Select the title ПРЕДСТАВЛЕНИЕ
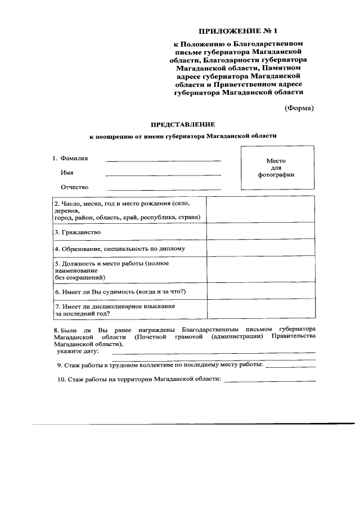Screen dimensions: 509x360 [x=183, y=124]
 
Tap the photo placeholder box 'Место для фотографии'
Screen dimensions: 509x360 [x=276, y=168]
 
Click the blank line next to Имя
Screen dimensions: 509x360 [x=163, y=175]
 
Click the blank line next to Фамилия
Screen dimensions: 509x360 [x=163, y=161]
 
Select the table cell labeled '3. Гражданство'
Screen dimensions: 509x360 [x=129, y=232]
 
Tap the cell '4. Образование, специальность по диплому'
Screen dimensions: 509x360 [x=129, y=248]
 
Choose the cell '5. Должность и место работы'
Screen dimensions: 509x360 [x=129, y=269]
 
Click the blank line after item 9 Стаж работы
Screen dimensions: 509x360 [x=290, y=366]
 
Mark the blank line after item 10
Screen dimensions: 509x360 [x=270, y=381]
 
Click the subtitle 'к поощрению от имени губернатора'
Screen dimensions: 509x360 [x=183, y=136]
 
